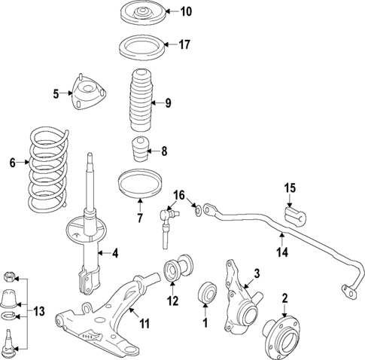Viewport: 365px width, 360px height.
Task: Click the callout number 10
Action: point(186,11)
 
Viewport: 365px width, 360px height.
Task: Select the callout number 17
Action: point(185,44)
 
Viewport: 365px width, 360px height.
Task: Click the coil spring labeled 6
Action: point(47,172)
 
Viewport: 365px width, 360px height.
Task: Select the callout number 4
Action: point(115,252)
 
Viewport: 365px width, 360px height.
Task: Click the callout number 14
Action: point(281,254)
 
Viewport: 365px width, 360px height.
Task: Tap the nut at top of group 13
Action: point(10,273)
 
